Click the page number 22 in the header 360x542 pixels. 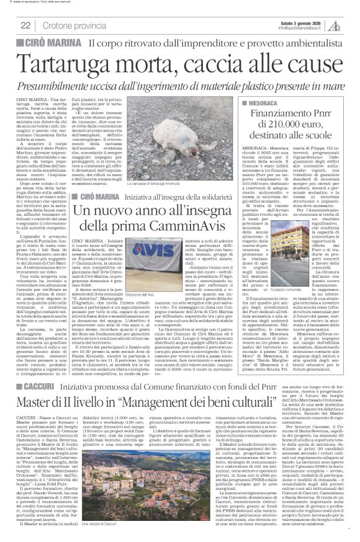tap(25, 25)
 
